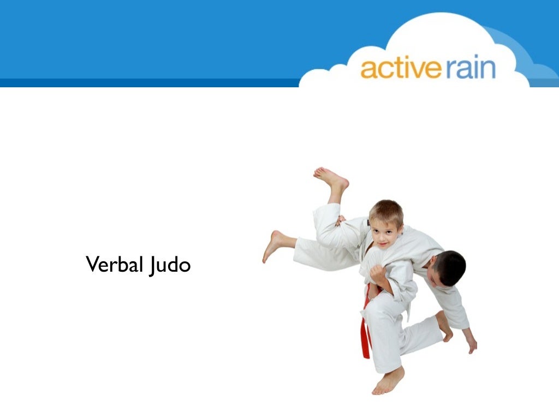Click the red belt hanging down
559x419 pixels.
365,327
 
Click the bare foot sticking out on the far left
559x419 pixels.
273,245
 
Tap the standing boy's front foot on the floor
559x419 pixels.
388,380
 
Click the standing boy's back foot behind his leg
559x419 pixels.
444,326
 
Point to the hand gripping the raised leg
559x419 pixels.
341,220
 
